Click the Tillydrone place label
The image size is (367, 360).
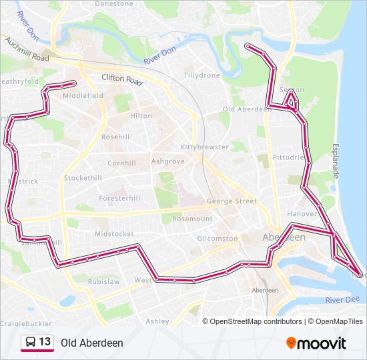tap(202, 76)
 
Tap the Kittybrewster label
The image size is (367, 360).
tap(204, 147)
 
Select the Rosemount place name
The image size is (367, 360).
tap(192, 219)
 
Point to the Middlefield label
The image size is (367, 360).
tap(83, 96)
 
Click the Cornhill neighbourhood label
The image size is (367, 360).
tap(121, 162)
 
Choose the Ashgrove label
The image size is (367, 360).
tap(167, 161)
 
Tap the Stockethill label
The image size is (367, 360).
tap(83, 179)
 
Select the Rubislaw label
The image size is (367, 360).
tap(103, 281)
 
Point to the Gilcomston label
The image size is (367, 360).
tap(218, 238)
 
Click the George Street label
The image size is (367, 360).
tap(232, 201)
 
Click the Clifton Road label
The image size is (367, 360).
tap(122, 80)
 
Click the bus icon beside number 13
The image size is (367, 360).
tap(30, 343)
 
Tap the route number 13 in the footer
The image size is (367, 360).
tap(45, 342)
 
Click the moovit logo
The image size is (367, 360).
tap(316, 343)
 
